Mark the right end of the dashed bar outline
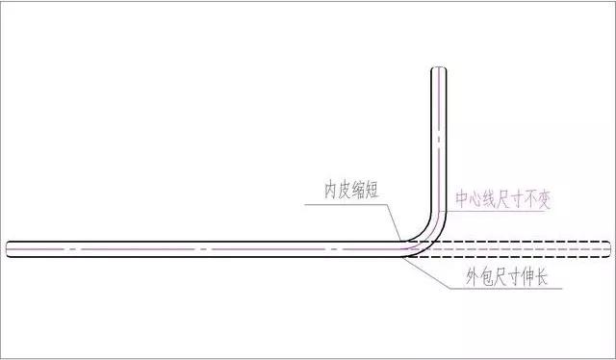608,248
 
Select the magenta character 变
547,200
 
